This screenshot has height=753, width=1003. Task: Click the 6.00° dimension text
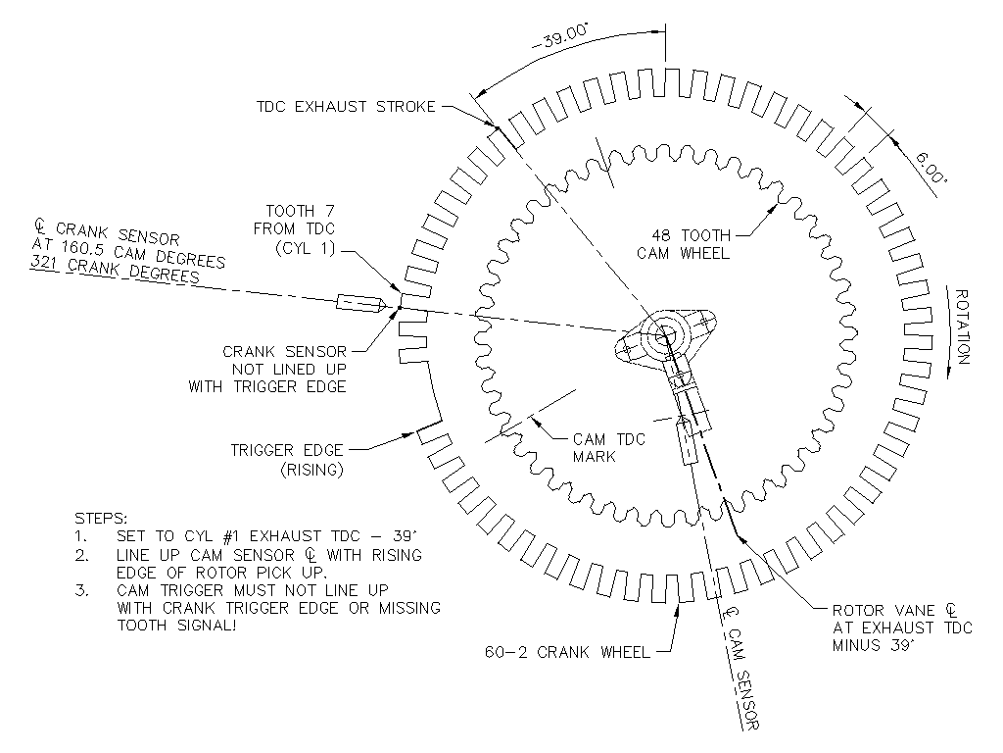click(931, 167)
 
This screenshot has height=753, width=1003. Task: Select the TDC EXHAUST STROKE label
click(346, 106)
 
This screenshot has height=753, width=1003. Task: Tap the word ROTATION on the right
click(962, 326)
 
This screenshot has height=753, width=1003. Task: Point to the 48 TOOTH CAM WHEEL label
click(683, 244)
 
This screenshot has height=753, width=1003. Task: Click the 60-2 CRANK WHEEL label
click(567, 652)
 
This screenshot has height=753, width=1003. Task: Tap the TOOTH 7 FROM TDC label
click(294, 229)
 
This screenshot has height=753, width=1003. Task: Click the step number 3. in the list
click(82, 590)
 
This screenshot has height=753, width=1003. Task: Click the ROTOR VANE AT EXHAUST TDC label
click(902, 627)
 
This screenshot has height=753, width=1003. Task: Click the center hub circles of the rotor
click(665, 333)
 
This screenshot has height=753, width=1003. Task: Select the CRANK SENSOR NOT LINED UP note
click(267, 369)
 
